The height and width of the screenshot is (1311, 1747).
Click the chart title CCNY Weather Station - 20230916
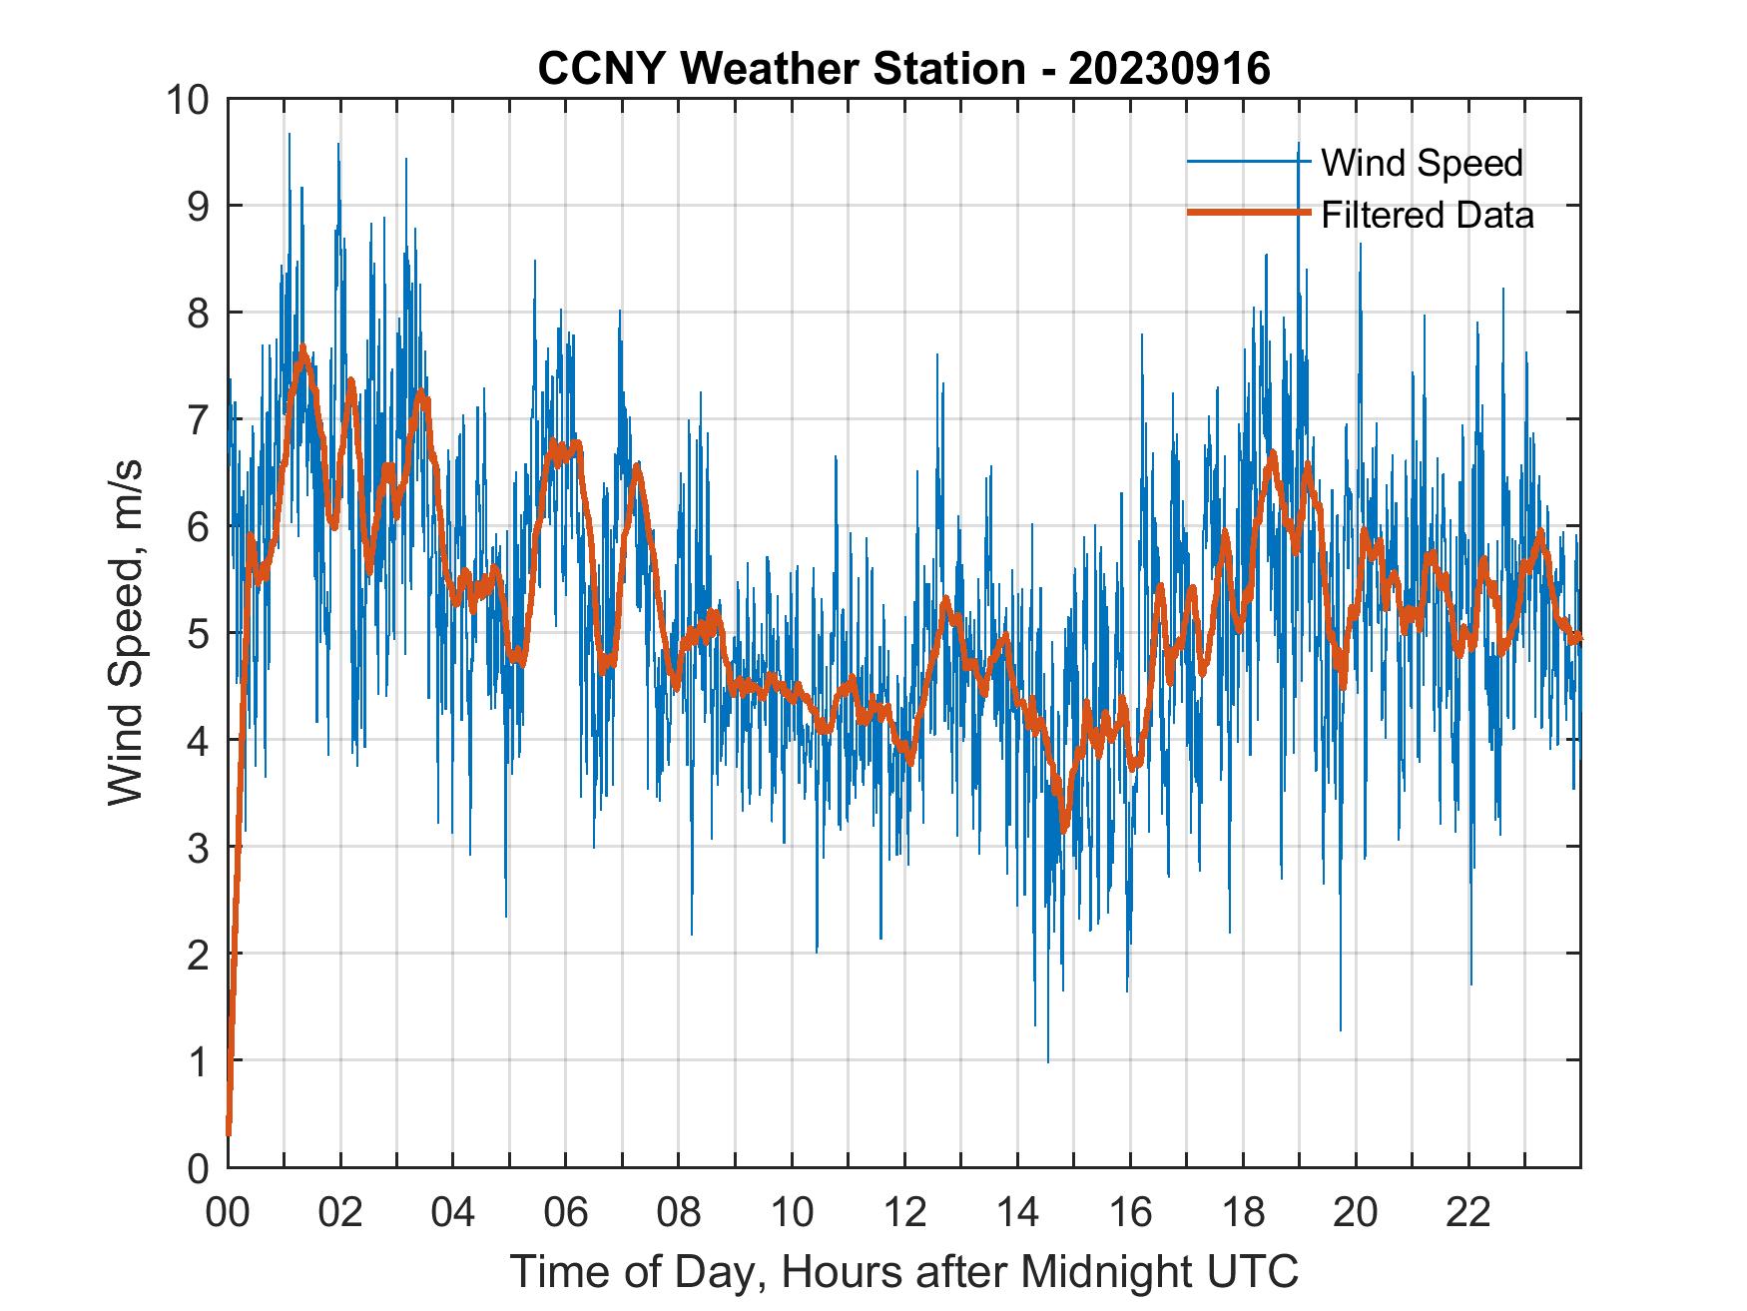point(903,68)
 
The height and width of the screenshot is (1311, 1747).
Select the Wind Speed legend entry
point(1422,163)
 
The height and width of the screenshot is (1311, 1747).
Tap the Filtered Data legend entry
point(1427,215)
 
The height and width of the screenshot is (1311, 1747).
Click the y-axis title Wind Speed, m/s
point(127,632)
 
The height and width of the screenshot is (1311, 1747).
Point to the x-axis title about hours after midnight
point(903,1271)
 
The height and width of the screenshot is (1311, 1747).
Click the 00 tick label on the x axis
point(228,1213)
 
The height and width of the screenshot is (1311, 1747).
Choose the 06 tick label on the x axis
point(566,1213)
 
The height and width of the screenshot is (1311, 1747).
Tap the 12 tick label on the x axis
point(904,1213)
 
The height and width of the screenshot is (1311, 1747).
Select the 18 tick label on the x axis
point(1243,1213)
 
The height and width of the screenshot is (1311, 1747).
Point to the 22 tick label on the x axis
point(1468,1213)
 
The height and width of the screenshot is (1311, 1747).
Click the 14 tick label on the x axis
point(1017,1213)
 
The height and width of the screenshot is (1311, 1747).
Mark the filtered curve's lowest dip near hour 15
point(1064,829)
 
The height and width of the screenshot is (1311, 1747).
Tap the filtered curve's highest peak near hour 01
point(302,348)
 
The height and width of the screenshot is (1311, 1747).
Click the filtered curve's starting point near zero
point(229,1133)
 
